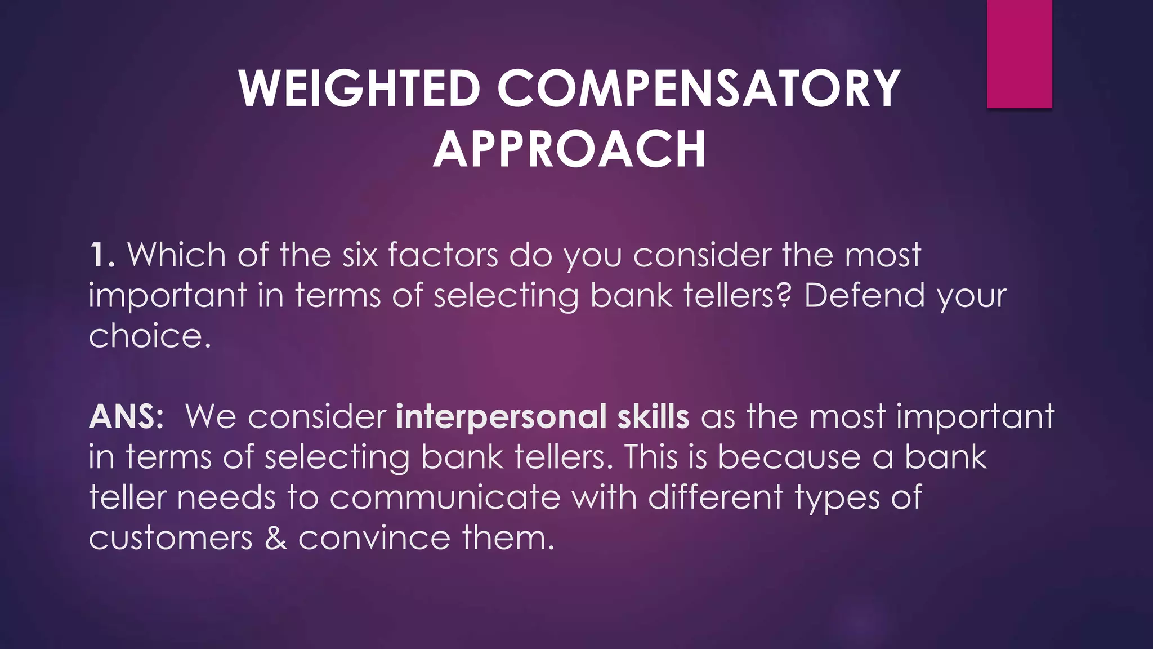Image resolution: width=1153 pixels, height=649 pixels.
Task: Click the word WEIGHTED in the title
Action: (x=359, y=88)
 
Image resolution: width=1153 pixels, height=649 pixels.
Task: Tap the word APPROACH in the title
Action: (x=569, y=149)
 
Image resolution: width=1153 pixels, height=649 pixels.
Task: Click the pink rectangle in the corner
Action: (x=1019, y=54)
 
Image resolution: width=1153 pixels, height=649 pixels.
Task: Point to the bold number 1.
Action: (x=102, y=255)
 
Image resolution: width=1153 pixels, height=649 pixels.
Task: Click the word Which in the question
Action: (x=176, y=255)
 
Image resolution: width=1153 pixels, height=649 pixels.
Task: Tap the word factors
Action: (x=443, y=255)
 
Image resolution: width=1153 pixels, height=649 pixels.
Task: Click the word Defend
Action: (x=864, y=296)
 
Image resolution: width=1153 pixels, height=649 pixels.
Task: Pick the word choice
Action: (x=149, y=336)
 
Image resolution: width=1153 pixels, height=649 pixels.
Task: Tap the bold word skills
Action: (x=653, y=417)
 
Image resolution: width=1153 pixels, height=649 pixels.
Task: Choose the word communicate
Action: (x=445, y=498)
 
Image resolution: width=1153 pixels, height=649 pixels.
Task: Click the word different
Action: (x=715, y=498)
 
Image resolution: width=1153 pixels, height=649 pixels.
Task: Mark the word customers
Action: (x=171, y=539)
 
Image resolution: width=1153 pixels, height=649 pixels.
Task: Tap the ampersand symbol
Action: (x=275, y=539)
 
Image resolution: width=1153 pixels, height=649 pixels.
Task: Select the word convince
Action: (x=374, y=539)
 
